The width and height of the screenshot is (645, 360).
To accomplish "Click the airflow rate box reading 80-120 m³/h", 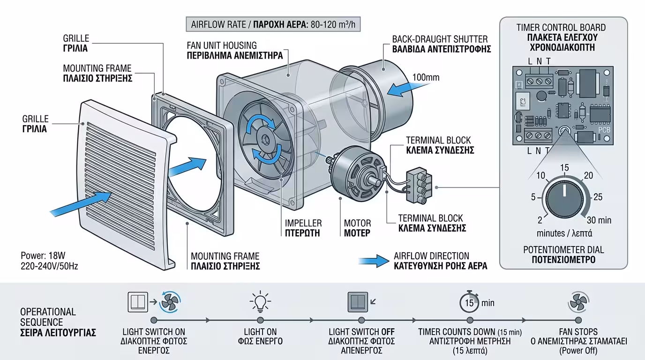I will (x=273, y=24).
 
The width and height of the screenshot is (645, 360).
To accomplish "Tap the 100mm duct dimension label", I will (x=426, y=77).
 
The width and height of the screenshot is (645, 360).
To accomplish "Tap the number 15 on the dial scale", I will (x=564, y=168).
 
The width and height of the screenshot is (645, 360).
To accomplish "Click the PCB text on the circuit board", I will (x=592, y=129).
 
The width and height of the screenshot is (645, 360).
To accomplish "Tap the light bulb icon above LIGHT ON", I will (x=260, y=302).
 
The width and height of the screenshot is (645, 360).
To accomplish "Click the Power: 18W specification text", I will (x=43, y=256).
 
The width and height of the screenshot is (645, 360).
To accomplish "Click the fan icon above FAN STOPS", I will (x=578, y=302).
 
